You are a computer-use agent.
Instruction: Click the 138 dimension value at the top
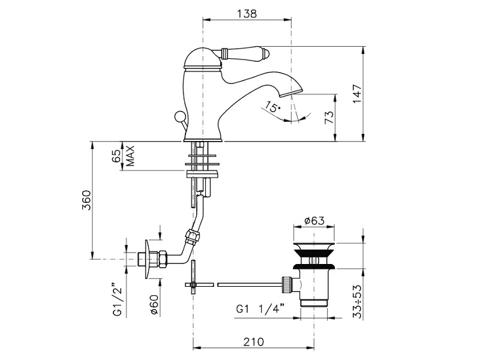tap(247, 14)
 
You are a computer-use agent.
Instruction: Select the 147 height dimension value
tap(357, 94)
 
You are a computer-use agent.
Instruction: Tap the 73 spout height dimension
tap(328, 117)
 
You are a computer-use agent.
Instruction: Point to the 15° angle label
tap(273, 107)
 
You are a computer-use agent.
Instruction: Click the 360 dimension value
tap(86, 200)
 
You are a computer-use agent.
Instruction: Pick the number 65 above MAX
tap(116, 156)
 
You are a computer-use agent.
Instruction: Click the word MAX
tap(130, 156)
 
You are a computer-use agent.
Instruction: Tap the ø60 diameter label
tap(154, 305)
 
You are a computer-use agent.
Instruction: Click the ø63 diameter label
tap(314, 221)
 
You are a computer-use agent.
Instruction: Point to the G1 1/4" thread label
tap(260, 309)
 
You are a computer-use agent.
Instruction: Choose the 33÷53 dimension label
tap(357, 302)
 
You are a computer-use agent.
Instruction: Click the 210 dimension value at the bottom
tap(253, 341)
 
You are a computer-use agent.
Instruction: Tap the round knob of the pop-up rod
tap(179, 117)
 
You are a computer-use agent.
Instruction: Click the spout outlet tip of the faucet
tap(292, 92)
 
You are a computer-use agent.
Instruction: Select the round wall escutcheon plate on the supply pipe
tap(148, 259)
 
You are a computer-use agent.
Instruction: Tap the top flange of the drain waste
tap(314, 245)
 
